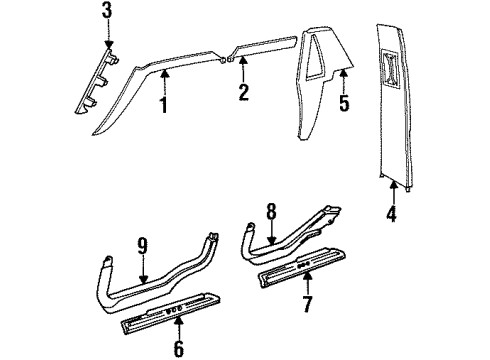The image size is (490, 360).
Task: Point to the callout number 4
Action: click(x=392, y=212)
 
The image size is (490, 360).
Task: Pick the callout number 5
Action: click(x=343, y=103)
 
